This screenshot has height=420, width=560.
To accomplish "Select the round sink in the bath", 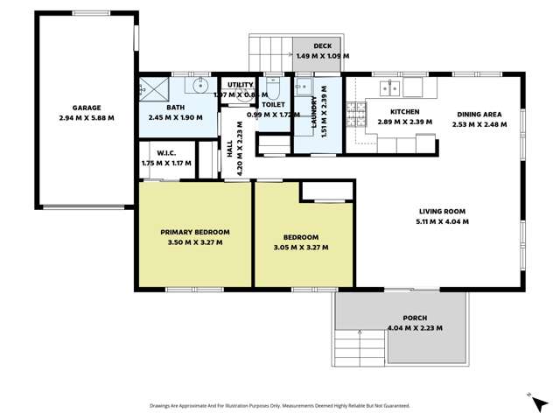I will (201, 86).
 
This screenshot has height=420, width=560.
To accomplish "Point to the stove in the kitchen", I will (356, 112).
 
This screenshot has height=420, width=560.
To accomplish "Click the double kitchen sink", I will (392, 87).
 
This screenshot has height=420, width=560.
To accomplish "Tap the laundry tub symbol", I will (304, 87).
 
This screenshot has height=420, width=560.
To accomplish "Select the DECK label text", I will (322, 45).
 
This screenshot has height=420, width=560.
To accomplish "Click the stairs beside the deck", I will (269, 54).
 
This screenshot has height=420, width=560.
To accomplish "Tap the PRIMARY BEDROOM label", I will (194, 232).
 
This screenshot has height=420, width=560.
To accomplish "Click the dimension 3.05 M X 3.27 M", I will (300, 248).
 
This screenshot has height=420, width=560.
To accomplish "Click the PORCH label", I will (415, 318).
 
